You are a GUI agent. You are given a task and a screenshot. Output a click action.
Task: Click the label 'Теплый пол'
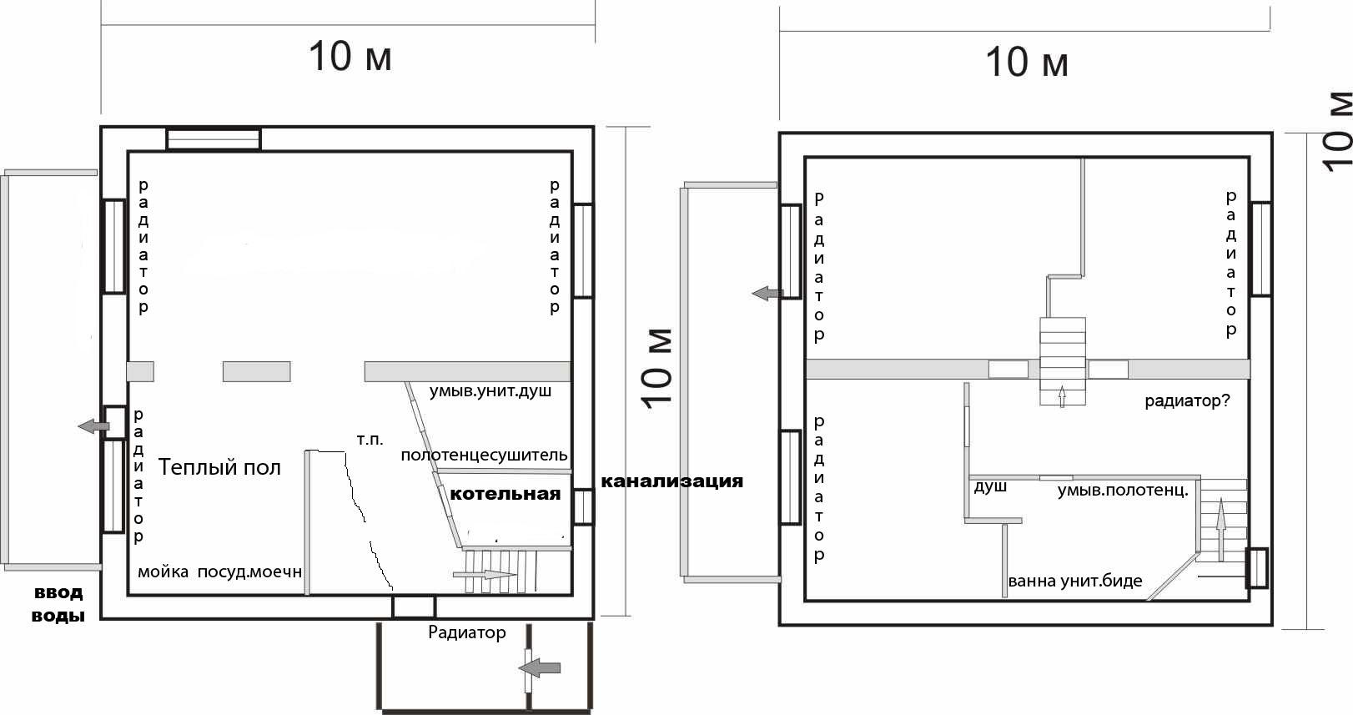pos(219,467)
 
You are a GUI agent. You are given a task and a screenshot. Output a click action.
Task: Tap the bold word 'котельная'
pos(505,494)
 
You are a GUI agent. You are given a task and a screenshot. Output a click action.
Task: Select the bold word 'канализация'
pos(671,481)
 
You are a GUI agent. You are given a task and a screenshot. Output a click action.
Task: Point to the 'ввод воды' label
pos(58,604)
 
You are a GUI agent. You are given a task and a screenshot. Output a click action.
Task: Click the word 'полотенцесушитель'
pos(484,456)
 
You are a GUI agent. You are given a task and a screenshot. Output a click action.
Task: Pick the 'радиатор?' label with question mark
pos(1187,401)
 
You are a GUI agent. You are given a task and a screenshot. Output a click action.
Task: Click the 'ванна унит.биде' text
pos(1075,582)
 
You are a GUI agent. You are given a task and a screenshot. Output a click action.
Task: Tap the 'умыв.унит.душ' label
pos(490,390)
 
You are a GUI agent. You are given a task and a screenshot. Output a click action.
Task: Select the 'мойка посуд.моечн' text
pos(220,572)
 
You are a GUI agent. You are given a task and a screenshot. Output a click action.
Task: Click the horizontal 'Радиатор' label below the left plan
pos(467,632)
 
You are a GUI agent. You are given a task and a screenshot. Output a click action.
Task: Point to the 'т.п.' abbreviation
pos(370,439)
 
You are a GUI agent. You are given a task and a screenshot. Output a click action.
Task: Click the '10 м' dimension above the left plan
pos(350,56)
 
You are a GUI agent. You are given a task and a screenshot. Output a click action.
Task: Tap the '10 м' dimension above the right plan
pos(1027,62)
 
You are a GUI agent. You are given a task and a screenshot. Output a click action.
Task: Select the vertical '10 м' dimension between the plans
pos(658,368)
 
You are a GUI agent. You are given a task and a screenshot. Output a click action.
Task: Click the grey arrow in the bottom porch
pos(540,667)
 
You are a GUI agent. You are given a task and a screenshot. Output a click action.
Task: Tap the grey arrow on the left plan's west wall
pos(93,426)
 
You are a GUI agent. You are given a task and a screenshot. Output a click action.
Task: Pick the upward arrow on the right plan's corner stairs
pos(1221,530)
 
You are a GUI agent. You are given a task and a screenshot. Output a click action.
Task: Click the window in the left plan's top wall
pos(214,138)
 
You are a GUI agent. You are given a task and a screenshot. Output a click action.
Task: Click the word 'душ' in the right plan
pos(990,486)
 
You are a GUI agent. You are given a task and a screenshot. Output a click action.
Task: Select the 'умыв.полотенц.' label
pos(1123,491)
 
